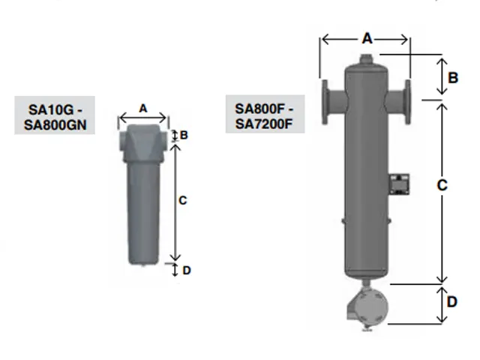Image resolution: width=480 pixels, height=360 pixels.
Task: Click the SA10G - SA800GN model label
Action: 55,117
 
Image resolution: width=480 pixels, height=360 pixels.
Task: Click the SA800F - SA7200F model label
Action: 264,116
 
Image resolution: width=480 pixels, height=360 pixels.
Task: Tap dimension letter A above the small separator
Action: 143,108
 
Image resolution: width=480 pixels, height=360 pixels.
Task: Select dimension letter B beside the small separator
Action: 184,135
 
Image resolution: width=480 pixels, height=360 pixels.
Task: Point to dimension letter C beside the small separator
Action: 182,200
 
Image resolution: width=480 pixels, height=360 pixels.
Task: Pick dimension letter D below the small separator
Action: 187,270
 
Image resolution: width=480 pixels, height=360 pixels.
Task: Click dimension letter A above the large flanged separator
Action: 367,38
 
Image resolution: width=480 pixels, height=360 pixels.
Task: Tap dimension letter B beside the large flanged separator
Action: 453,78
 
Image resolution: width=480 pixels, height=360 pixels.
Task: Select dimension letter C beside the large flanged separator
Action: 442,185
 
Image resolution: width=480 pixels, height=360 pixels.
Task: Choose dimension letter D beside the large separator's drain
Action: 452,301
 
